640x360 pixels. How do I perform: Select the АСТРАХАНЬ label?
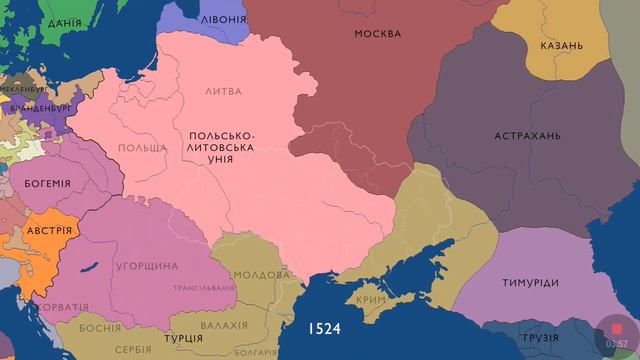pos(527,136)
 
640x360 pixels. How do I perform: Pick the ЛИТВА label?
pos(222,91)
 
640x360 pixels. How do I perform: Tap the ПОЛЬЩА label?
pos(142,148)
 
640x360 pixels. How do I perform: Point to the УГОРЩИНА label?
pos(146,266)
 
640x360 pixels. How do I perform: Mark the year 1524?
pos(324,327)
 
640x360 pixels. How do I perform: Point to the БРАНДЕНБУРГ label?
pos(35,107)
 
